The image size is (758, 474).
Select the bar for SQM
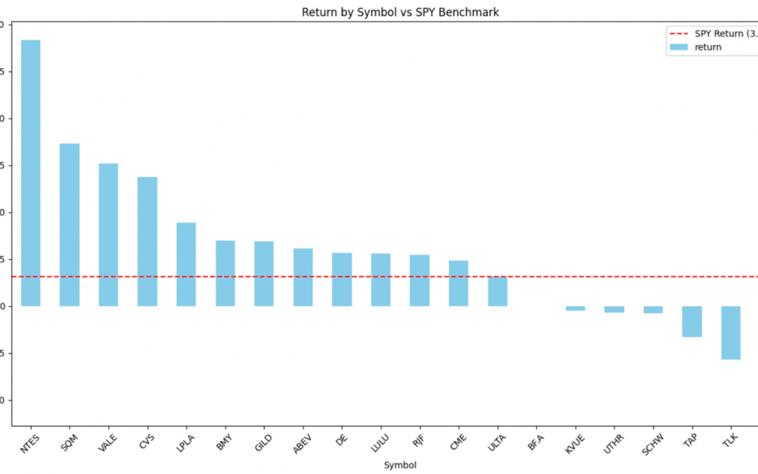pos(69,225)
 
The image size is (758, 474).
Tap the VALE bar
pos(108,235)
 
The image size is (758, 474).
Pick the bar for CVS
pos(147,242)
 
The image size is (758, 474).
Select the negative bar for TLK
pos(731,333)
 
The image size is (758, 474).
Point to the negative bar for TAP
pos(692,322)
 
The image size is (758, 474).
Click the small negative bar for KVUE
pos(576,308)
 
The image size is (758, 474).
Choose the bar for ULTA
pos(498,291)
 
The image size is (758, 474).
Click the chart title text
pos(400,12)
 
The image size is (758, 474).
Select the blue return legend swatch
pos(679,47)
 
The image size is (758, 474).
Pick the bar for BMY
pos(225,273)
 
